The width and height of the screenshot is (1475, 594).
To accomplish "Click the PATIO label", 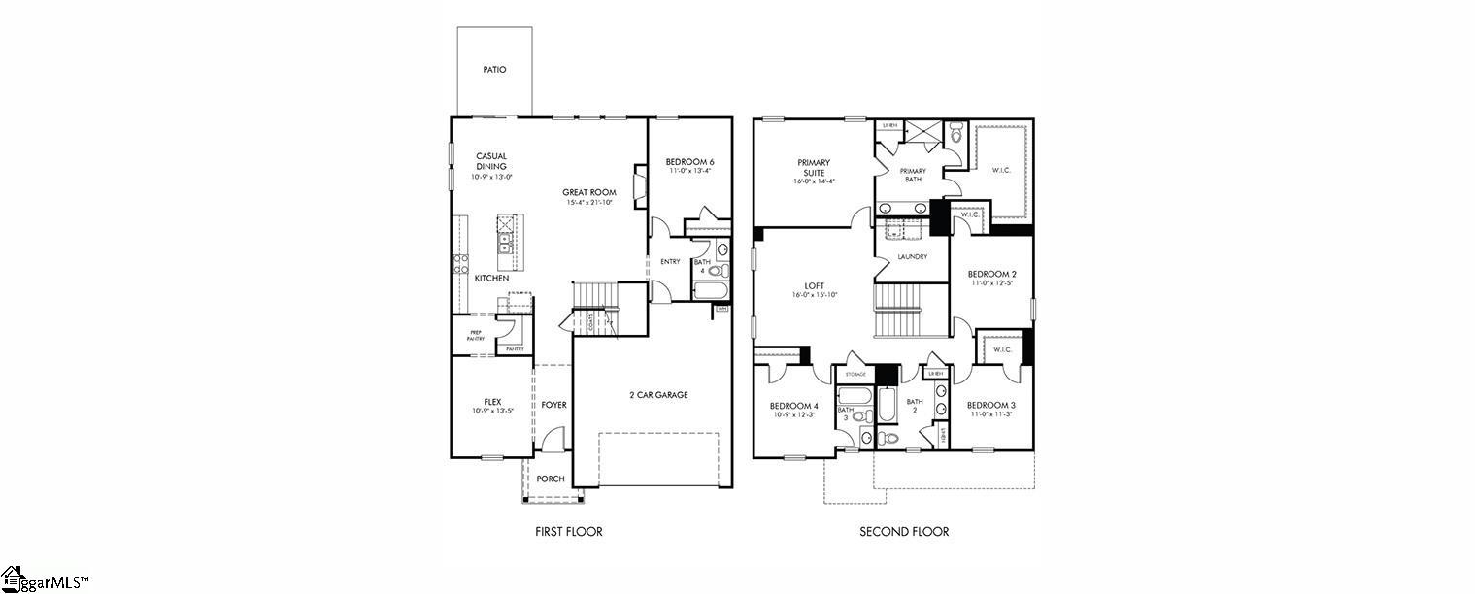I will coord(494,70).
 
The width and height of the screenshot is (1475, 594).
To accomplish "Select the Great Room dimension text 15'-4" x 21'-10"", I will coord(589,203).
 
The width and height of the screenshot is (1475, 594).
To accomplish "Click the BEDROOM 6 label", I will coord(689,161).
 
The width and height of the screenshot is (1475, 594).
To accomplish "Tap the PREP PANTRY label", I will coord(476,336).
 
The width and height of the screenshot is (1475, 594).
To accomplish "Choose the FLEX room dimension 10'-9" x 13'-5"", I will coord(491,412).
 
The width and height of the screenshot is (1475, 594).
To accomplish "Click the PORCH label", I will coord(551,478).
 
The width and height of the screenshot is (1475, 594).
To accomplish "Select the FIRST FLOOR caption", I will coord(569,531).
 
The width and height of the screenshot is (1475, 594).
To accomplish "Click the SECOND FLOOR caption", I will coord(904,531).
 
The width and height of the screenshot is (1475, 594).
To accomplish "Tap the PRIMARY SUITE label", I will coord(814,168).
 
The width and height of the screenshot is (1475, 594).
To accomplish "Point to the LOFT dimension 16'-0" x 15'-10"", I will coord(814,295).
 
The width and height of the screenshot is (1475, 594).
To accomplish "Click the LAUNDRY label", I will coord(912,257).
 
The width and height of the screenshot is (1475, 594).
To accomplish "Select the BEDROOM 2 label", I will coord(992,274).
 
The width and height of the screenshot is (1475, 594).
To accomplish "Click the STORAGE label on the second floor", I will coord(855,374).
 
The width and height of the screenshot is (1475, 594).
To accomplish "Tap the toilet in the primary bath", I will coord(955,135).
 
